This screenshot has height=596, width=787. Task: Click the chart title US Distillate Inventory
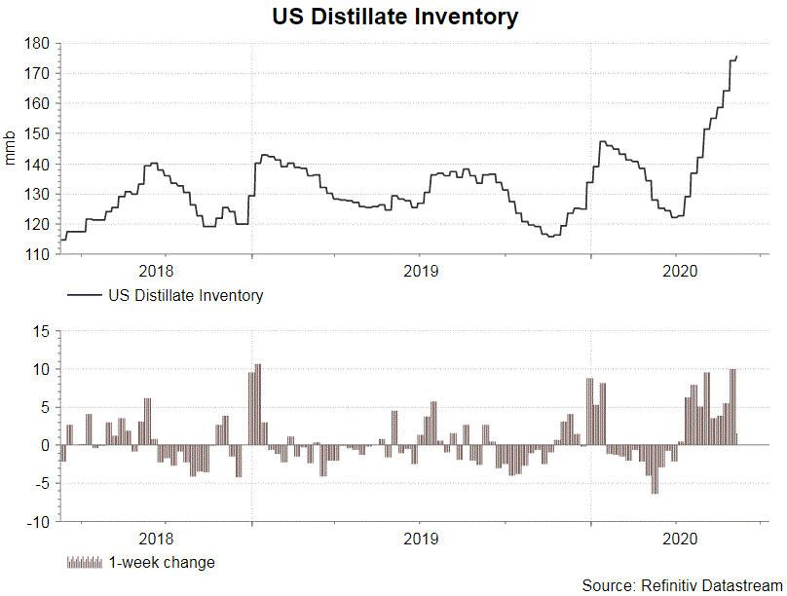coord(393,17)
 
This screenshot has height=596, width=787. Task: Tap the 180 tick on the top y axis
coord(39,43)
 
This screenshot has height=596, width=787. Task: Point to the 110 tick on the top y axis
coord(39,254)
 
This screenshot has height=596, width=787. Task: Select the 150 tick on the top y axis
coord(39,133)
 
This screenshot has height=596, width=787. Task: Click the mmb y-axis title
coord(11,149)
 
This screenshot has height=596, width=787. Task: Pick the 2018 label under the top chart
coord(157,270)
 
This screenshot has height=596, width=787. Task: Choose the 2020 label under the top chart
coord(679,270)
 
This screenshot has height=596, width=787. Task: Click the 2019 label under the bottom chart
coord(420,538)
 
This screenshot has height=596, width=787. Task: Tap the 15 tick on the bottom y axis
coord(42,331)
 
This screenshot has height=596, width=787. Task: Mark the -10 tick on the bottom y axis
coord(39,522)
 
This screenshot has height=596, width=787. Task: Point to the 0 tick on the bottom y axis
coord(46,445)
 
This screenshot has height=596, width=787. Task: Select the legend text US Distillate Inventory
coord(186,295)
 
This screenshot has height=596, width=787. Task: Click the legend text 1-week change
coord(162,562)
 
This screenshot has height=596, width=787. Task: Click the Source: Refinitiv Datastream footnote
coord(682,585)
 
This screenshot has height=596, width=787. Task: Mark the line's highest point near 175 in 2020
coord(736,56)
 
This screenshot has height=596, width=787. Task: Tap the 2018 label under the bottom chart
coord(157,538)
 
